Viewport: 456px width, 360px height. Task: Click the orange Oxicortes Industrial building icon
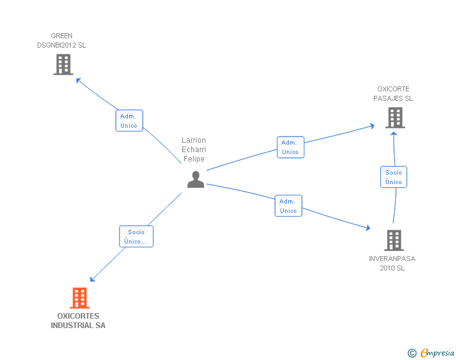[79, 298]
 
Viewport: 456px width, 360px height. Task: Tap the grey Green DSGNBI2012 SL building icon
[63, 64]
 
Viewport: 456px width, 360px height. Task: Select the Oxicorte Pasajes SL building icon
[395, 118]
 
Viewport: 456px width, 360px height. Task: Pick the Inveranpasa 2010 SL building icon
[393, 240]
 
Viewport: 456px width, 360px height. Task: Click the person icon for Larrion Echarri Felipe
[195, 180]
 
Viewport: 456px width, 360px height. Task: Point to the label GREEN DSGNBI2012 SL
[61, 41]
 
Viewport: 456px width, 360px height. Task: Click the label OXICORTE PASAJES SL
[393, 94]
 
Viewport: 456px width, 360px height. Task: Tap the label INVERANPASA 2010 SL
[392, 263]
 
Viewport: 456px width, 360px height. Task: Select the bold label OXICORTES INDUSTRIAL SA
[78, 321]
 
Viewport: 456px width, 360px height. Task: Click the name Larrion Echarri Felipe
[194, 150]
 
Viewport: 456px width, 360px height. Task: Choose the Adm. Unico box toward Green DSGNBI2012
[129, 121]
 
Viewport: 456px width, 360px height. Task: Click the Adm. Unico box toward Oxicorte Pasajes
[290, 147]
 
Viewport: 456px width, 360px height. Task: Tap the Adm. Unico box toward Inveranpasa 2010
[288, 206]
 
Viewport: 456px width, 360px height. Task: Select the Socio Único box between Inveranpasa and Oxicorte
[394, 177]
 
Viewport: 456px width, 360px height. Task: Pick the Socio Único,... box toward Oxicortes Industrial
[136, 237]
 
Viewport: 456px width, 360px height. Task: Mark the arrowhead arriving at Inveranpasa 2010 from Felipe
[368, 229]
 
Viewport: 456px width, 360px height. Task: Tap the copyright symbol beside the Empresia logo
[412, 354]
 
